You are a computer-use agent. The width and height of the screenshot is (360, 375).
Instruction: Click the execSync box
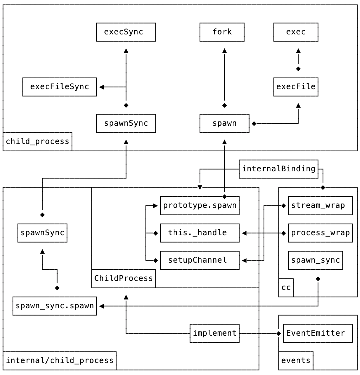point(126,32)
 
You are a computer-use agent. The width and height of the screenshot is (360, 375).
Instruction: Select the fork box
point(222,32)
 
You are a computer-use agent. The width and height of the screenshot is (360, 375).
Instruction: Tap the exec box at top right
point(296,32)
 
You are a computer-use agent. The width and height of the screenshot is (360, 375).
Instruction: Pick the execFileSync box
point(59,87)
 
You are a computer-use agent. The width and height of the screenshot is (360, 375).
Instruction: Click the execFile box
point(296,87)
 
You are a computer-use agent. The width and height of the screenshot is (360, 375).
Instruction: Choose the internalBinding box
point(278,169)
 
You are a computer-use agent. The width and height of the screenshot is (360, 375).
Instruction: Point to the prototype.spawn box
point(200,205)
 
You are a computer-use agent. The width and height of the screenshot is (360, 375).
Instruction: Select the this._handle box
point(200,233)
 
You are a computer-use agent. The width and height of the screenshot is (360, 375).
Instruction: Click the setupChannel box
point(200,260)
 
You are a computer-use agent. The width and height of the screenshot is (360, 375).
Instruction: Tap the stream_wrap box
point(320,205)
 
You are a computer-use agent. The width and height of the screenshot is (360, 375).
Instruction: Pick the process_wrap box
point(320,233)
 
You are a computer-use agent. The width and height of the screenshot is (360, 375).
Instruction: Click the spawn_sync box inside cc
point(315,260)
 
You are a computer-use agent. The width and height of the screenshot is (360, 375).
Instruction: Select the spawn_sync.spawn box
point(54,306)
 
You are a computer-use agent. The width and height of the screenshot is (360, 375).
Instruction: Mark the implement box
point(214,333)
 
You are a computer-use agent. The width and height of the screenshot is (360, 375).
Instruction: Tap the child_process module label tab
point(37,142)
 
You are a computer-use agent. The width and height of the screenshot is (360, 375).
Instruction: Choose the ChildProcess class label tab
point(123,278)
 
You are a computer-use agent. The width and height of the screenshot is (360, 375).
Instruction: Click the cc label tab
point(286,288)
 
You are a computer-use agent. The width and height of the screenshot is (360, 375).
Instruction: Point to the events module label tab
point(296,361)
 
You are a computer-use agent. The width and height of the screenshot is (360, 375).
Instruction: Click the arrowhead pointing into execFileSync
point(102,87)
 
